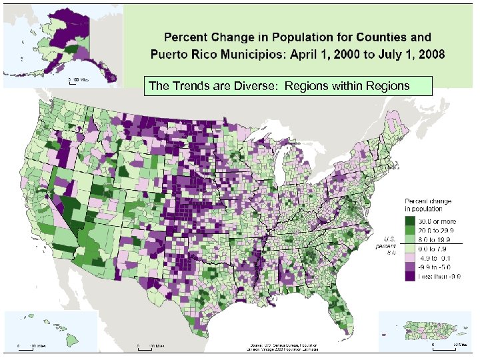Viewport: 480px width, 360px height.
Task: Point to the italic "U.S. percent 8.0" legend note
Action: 388,245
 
